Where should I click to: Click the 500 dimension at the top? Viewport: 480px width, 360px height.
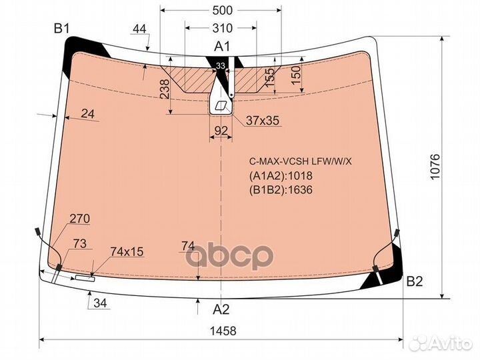click(222, 11)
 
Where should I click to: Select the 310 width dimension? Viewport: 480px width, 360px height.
click(222, 28)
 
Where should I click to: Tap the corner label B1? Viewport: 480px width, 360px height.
click(62, 29)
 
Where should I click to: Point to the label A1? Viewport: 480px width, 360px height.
click(221, 46)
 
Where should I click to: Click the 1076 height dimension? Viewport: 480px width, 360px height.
click(435, 167)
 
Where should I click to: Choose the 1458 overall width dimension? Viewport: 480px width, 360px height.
click(223, 331)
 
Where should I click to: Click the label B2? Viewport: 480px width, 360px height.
click(415, 281)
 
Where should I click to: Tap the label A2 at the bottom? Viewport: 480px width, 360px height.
click(221, 310)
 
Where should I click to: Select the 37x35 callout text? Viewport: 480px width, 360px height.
click(263, 121)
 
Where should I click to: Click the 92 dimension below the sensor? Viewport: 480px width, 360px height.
click(221, 131)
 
